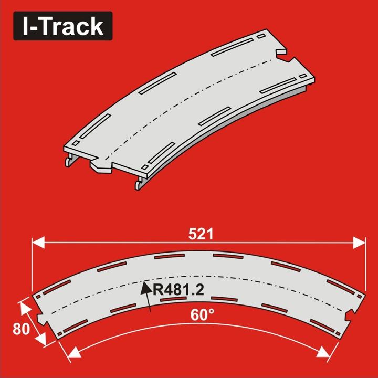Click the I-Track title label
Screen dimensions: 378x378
tap(62, 26)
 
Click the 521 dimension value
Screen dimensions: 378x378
tap(201, 234)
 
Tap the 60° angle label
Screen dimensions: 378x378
tap(202, 316)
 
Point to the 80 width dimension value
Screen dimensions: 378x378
tap(21, 330)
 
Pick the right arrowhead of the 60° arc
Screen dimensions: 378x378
tap(328, 352)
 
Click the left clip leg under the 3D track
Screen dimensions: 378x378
tap(68, 160)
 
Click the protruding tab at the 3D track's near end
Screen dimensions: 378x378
tap(102, 166)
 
